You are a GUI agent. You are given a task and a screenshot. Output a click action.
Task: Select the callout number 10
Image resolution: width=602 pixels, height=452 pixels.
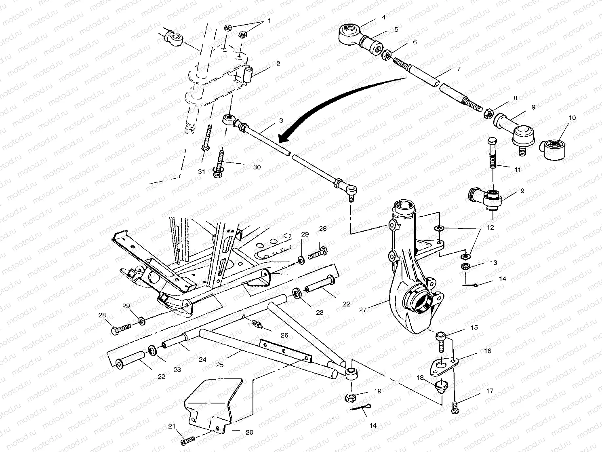tap(572, 118)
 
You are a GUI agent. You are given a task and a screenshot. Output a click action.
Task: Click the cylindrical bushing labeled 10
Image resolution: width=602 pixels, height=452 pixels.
tap(553, 149)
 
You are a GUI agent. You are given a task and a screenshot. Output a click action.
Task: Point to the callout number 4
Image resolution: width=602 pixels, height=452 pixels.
tap(383, 17)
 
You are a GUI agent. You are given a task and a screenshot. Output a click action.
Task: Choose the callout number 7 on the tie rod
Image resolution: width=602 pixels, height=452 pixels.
tap(458, 69)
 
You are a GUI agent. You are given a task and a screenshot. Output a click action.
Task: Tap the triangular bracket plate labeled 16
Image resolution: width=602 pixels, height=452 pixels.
tap(443, 362)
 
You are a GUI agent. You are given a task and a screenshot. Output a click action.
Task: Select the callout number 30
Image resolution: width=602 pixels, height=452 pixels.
tap(257, 167)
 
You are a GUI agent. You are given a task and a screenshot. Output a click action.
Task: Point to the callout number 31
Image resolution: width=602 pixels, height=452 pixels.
tap(202, 171)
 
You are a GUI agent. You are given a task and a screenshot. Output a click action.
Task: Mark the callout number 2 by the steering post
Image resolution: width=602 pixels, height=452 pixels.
tap(278, 63)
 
